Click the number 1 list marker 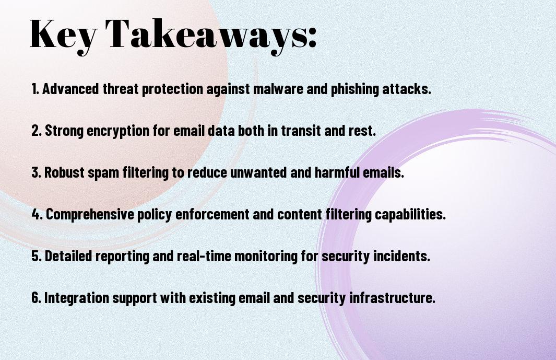point(35,89)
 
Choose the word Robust point(64,172)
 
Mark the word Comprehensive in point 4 point(90,214)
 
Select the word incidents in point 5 point(402,256)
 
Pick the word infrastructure point(393,297)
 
